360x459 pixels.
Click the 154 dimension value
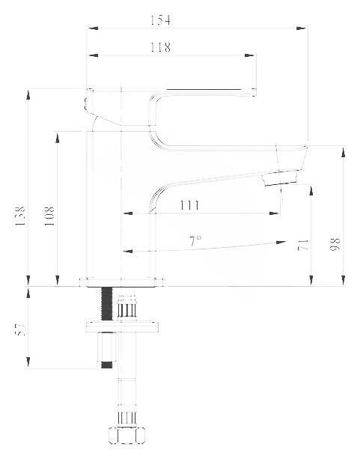[160, 20]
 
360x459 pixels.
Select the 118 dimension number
[160, 47]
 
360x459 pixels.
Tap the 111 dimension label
[189, 205]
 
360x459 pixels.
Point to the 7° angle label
[195, 241]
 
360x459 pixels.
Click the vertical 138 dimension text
[20, 216]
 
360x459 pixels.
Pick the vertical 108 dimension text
[49, 216]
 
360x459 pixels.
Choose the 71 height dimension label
[303, 245]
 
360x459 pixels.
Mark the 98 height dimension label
[335, 244]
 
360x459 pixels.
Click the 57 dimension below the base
[20, 329]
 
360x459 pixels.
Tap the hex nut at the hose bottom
[127, 436]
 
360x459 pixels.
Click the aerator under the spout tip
[280, 178]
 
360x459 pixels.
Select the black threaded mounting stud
[107, 303]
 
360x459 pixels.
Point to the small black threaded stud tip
[107, 365]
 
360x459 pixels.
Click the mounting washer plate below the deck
[123, 327]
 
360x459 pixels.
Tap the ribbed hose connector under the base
[127, 307]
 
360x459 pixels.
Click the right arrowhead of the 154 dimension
[301, 28]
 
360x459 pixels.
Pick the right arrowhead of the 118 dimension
[250, 55]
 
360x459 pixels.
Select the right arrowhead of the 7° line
[281, 242]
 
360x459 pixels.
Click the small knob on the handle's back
[85, 104]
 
